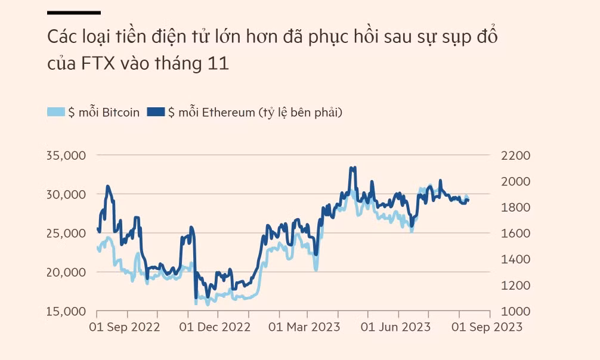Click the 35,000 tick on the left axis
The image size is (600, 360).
(x=66, y=156)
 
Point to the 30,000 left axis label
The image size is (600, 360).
(x=66, y=194)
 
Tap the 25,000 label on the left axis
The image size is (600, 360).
(x=66, y=234)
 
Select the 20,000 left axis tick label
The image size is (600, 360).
(x=66, y=272)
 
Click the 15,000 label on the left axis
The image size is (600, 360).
(x=66, y=312)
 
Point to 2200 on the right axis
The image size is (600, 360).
(x=516, y=156)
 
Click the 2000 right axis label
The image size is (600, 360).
(x=516, y=182)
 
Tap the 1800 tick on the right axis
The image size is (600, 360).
(x=516, y=207)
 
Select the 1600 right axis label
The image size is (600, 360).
(x=516, y=234)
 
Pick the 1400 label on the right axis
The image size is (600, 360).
(x=516, y=260)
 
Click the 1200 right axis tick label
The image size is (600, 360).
(x=516, y=285)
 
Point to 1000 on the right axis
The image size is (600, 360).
(x=516, y=312)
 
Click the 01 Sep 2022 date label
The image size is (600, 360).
(x=124, y=327)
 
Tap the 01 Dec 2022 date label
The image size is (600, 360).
(x=215, y=327)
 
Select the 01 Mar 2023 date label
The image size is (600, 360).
(x=304, y=327)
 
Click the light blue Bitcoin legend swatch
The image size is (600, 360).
(x=56, y=112)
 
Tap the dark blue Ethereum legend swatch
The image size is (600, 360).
(x=156, y=112)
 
